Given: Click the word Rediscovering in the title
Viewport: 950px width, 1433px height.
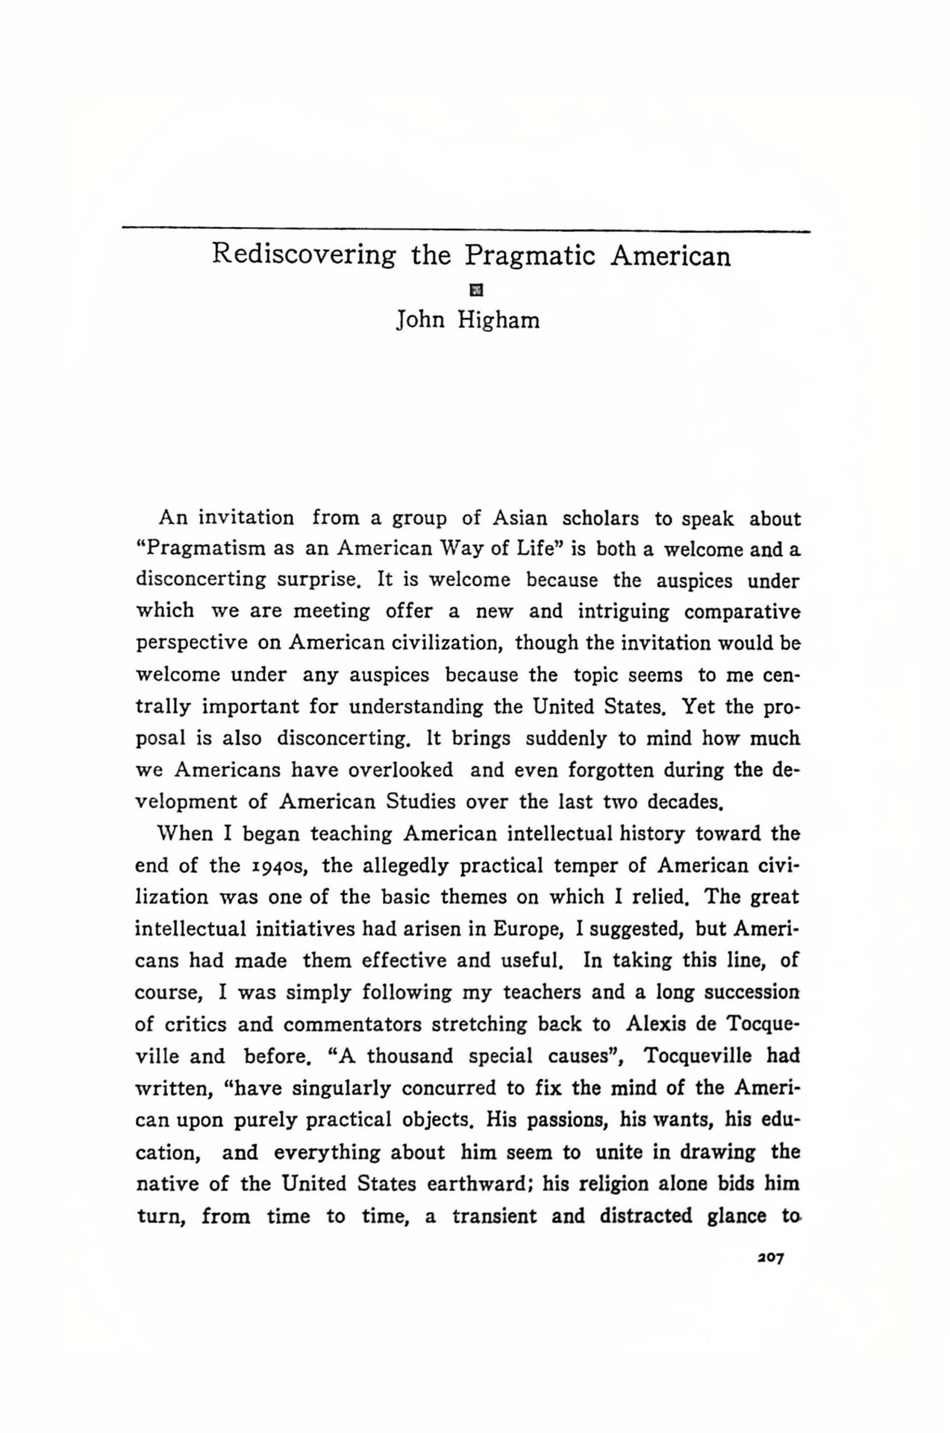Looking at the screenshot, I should pyautogui.click(x=304, y=256).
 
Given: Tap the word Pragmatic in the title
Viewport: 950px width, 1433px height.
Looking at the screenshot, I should pyautogui.click(x=531, y=256).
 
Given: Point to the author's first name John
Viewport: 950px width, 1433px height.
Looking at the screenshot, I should pyautogui.click(x=420, y=320).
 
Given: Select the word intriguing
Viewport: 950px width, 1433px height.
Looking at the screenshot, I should pyautogui.click(x=623, y=612).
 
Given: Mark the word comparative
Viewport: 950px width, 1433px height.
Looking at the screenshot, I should pyautogui.click(x=743, y=612).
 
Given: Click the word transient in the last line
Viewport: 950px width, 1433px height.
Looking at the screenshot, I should pyautogui.click(x=494, y=1216).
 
